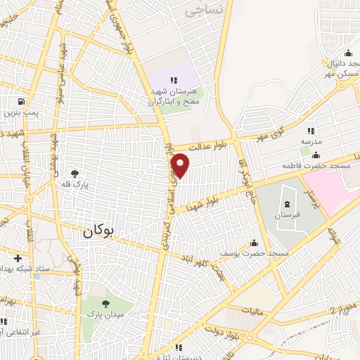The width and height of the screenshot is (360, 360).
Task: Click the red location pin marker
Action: click(x=181, y=166)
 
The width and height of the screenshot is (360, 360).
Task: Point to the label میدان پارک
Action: click(x=105, y=315)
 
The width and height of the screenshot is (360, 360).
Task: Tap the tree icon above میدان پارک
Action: click(x=106, y=304)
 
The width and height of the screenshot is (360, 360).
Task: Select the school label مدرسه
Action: click(x=311, y=141)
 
